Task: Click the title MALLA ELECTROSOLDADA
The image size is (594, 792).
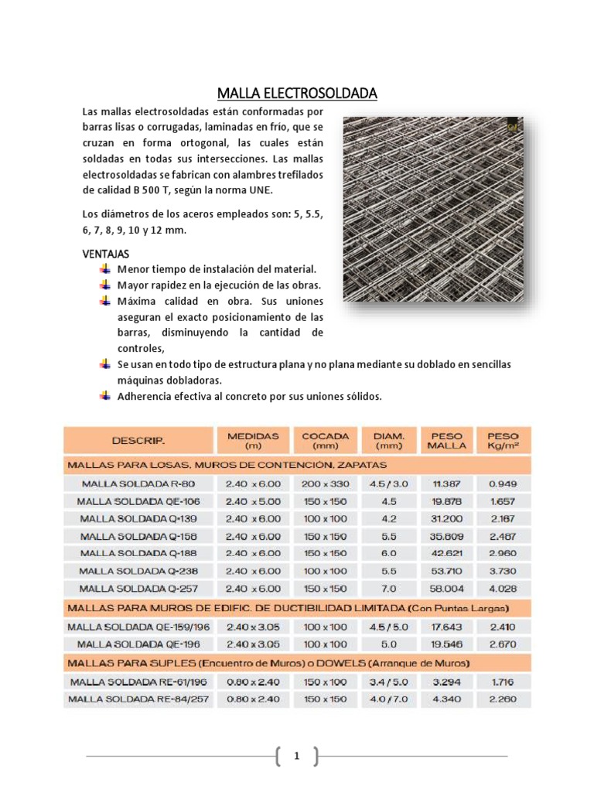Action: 297,94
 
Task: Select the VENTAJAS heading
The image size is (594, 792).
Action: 106,254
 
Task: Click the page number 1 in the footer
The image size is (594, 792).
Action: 296,756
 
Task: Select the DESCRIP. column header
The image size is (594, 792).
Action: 138,441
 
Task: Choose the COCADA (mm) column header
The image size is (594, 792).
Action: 325,441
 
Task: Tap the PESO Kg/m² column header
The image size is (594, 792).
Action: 504,441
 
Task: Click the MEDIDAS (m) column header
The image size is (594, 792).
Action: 253,441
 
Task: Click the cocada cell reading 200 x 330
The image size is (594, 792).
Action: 325,483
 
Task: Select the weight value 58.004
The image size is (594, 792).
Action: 447,589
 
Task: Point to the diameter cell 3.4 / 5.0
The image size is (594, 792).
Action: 389,682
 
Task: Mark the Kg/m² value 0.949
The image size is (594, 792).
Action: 504,483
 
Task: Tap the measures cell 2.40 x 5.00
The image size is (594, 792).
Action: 253,500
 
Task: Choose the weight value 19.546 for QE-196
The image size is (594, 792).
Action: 447,643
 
